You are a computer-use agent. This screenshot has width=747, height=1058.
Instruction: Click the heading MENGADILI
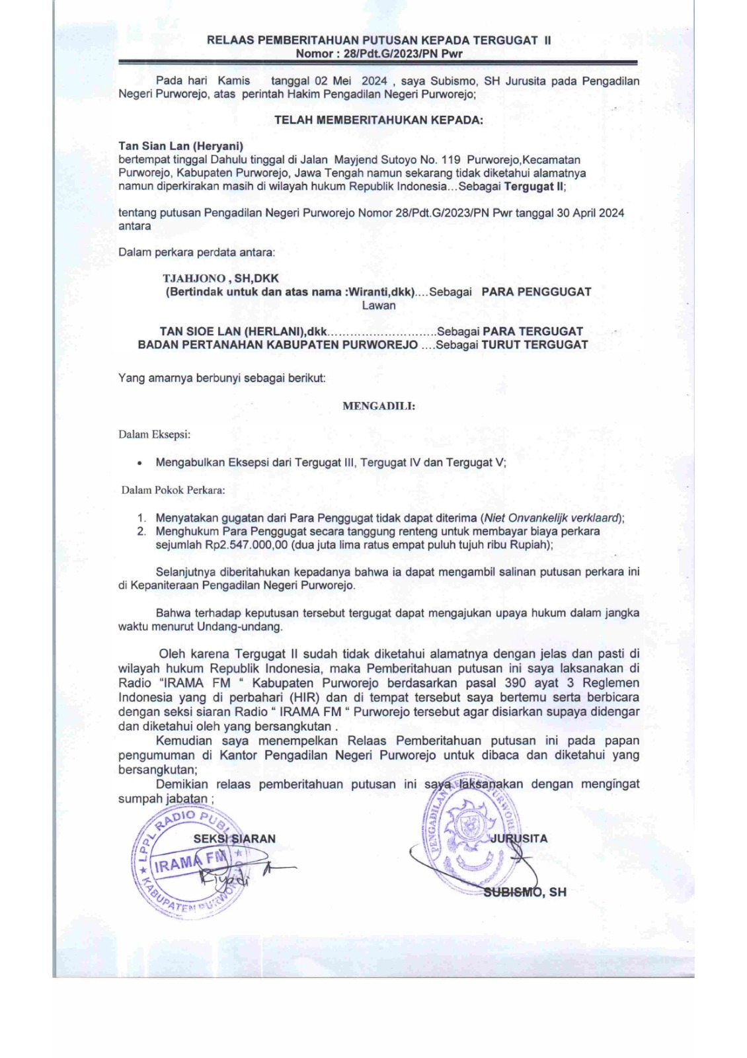coord(378,406)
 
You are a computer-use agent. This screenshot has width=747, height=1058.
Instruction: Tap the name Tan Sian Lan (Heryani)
coord(180,146)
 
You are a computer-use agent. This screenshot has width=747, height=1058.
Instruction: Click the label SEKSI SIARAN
coord(235,838)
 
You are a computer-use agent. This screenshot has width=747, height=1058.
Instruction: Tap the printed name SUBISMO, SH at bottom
coord(525,891)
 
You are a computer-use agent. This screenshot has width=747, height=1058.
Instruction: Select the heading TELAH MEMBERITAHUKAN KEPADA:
coord(378,120)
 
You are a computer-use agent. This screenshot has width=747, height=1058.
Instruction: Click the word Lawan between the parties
coord(378,305)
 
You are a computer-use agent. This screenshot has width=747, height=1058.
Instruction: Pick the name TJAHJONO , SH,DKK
coord(221,278)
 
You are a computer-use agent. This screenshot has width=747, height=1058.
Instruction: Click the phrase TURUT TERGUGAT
coord(534,345)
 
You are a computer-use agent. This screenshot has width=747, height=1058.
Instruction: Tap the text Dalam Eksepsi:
coord(155,434)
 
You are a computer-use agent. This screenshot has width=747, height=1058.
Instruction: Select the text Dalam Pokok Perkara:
coord(173,490)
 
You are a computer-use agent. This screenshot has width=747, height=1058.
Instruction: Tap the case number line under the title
coord(378,53)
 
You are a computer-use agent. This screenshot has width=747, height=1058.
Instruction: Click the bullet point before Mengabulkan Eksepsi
coord(139,463)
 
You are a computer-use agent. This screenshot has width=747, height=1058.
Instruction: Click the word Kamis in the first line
coord(233,81)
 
